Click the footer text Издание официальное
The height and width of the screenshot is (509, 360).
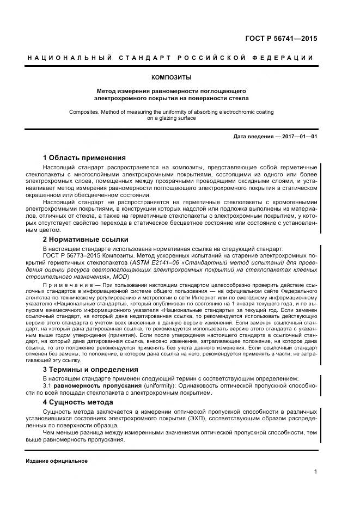point(57,461)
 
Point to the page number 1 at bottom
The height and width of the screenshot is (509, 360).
point(315,472)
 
